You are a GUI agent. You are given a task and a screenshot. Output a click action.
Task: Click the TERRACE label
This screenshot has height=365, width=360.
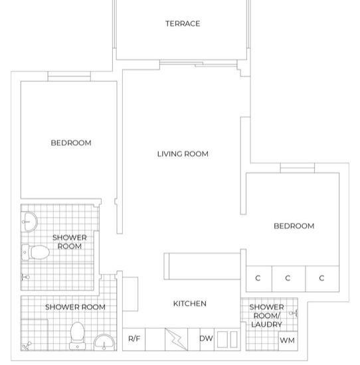(183, 24)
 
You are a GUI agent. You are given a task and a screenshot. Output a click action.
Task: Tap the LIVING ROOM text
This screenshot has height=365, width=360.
(183, 154)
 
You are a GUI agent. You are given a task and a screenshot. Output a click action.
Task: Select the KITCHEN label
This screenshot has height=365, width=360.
(190, 303)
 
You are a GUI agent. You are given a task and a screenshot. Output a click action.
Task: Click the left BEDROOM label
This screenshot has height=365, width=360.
(71, 143)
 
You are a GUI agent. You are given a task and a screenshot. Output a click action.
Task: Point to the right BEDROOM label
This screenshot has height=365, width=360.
(294, 226)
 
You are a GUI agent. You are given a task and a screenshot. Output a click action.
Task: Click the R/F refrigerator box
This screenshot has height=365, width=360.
(134, 338)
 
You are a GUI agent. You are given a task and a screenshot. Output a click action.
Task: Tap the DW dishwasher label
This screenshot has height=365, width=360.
(206, 338)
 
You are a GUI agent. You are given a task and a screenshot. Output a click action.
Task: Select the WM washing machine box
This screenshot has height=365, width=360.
(286, 340)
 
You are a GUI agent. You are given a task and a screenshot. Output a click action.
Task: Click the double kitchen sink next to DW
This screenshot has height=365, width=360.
(226, 338)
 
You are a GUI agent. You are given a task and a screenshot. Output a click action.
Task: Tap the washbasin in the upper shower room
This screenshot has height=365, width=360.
(29, 220)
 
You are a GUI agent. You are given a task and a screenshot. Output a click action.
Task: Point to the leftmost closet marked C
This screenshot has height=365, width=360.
(258, 278)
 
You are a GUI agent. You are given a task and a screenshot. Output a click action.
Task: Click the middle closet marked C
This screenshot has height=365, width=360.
(288, 278)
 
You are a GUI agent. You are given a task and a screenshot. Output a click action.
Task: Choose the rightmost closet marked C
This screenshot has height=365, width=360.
(321, 278)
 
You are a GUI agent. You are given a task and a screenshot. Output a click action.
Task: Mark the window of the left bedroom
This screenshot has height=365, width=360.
(69, 76)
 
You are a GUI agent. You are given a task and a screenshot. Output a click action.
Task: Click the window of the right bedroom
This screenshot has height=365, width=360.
(297, 168)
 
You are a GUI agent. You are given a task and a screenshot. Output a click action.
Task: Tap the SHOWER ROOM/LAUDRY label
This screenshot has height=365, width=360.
(267, 316)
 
